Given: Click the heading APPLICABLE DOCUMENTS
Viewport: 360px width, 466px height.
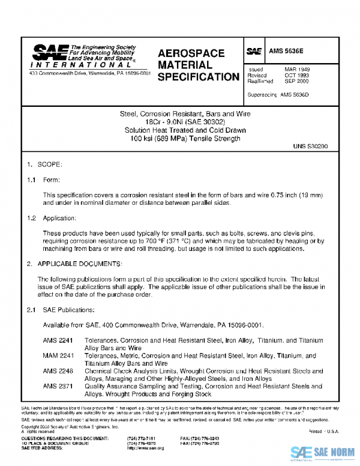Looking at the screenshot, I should point(80,264).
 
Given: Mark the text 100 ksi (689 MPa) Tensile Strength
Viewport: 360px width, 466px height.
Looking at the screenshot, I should point(181,139).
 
